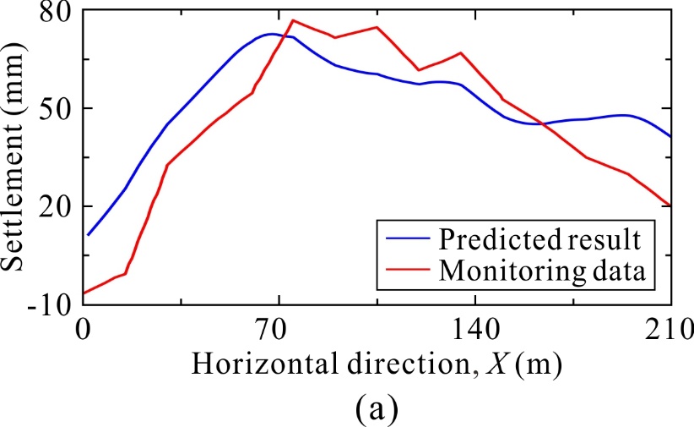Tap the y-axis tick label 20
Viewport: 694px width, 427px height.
(x=52, y=207)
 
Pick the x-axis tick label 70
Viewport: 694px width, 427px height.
(x=279, y=329)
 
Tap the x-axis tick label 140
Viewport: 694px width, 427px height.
(x=474, y=329)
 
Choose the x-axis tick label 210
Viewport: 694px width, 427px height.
(x=670, y=329)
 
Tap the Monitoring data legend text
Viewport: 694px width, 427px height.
(x=541, y=271)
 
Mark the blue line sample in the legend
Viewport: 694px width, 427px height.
(x=404, y=239)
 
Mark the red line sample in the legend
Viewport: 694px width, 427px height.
(x=404, y=271)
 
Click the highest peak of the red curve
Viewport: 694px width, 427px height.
(x=293, y=19)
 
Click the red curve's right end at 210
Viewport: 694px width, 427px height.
(x=670, y=205)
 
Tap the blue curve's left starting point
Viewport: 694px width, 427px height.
(x=87, y=235)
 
